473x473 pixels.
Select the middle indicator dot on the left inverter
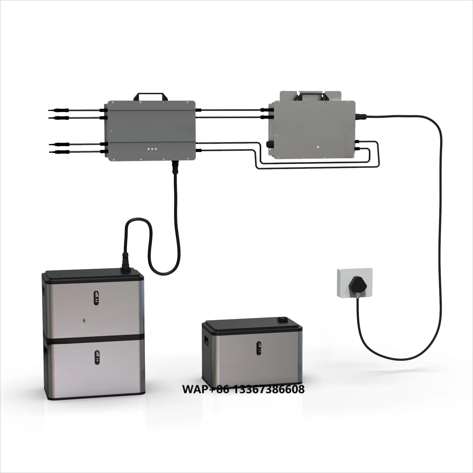tap(152, 149)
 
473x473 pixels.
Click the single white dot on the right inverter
tap(318, 147)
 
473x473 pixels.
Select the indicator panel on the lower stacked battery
tap(97, 357)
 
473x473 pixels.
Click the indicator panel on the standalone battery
tap(259, 348)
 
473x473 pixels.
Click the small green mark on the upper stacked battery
tap(84, 320)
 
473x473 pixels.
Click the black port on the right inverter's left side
tap(269, 144)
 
